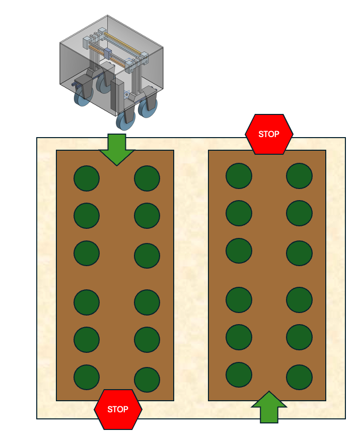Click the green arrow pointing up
click(269, 408)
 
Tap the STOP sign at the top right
click(269, 134)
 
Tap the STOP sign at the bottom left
click(118, 409)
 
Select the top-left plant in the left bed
click(87, 178)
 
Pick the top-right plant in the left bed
click(147, 178)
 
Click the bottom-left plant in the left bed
click(87, 377)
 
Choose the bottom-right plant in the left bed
click(147, 380)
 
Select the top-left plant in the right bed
click(239, 176)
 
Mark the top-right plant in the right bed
click(299, 176)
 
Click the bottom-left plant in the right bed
click(239, 375)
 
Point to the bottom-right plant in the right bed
click(299, 377)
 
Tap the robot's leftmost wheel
click(82, 97)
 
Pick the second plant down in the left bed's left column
click(87, 216)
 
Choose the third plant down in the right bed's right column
click(299, 253)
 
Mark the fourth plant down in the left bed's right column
click(147, 302)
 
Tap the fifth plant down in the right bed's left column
click(239, 337)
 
